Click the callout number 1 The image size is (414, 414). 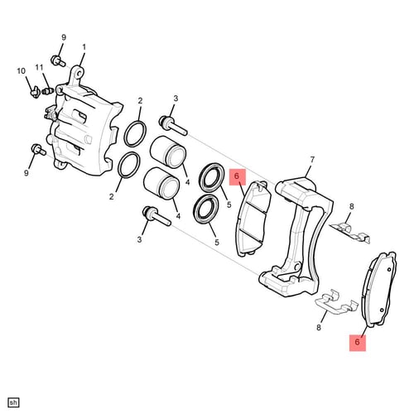84,47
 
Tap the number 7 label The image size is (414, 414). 312,160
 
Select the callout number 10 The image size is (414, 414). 22,71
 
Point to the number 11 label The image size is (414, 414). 39,67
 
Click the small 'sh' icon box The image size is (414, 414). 13,402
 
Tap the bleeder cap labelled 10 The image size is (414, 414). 35,92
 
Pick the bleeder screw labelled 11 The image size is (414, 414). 47,90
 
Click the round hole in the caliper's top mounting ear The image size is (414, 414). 79,74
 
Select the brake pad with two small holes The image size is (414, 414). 379,289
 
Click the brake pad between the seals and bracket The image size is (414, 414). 253,219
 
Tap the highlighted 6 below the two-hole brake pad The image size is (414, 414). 358,342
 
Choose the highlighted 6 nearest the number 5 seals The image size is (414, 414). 237,176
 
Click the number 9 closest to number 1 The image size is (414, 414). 64,37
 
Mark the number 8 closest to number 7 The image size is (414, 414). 351,206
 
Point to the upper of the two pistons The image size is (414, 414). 168,152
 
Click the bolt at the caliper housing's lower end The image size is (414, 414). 39,149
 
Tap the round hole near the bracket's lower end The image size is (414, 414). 297,267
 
